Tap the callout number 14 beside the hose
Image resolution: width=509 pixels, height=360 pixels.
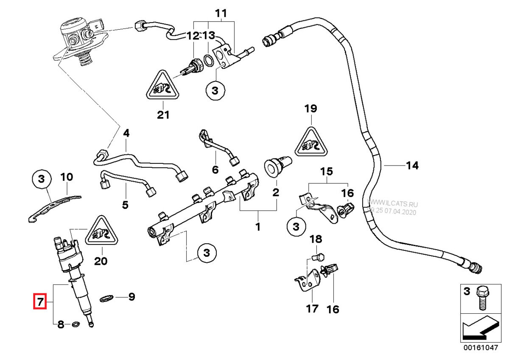(412, 165)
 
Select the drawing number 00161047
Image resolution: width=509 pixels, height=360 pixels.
(481, 347)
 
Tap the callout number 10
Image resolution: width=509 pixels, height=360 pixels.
(67, 177)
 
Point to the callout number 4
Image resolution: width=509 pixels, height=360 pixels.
(126, 134)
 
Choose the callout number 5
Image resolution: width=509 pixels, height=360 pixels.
(125, 205)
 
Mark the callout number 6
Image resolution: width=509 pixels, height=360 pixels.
(215, 170)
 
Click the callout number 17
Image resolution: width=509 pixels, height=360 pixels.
(312, 308)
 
